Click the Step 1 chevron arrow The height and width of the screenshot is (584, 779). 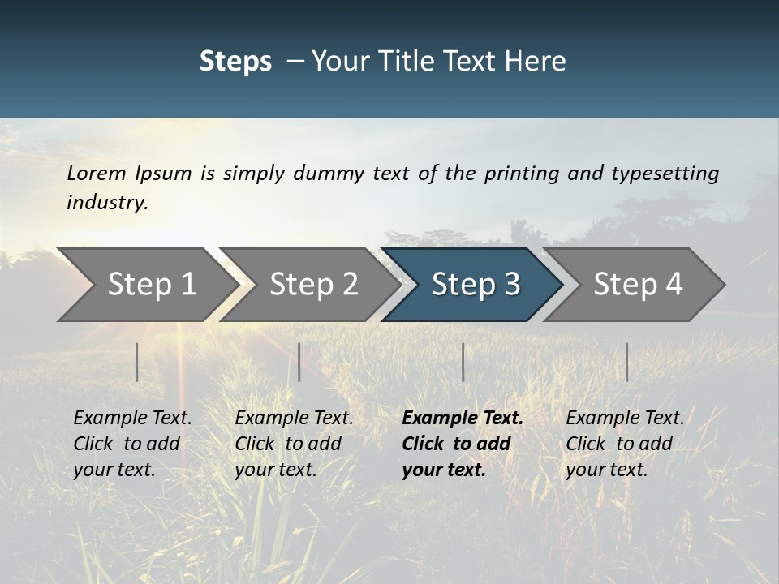[146, 284]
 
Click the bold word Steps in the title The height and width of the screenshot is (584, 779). [235, 61]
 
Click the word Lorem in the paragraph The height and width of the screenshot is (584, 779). [97, 173]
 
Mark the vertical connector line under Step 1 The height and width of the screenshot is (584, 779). [137, 362]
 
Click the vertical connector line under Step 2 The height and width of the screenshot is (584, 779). [299, 362]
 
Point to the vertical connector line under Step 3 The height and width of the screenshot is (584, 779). [463, 362]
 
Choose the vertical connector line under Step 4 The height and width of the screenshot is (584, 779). [626, 362]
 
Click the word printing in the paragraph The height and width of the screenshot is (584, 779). [521, 173]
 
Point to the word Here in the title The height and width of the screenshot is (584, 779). [538, 61]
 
